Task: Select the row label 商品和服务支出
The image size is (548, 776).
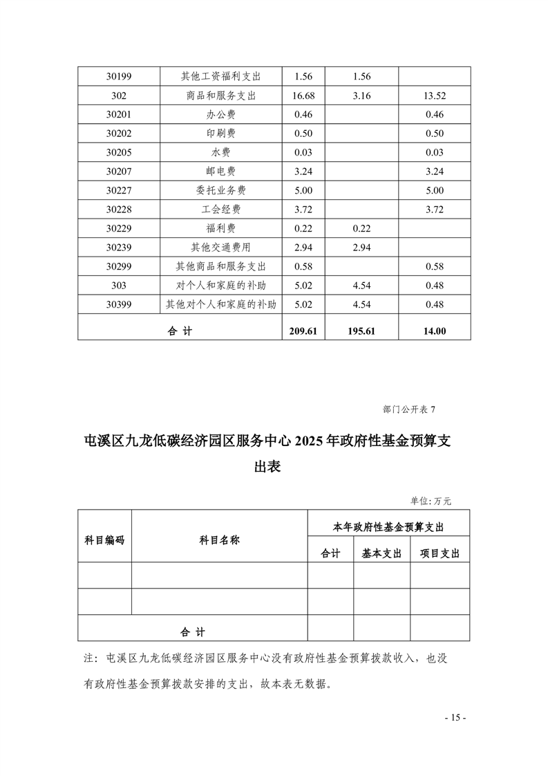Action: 220,95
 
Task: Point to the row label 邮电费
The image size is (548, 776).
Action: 220,171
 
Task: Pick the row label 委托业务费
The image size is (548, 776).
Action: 220,190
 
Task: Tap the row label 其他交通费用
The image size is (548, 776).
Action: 220,247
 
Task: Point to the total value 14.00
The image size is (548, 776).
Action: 435,331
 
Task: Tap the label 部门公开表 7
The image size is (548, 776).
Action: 409,409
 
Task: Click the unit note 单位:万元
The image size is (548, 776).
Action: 431,501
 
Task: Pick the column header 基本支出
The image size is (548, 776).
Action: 381,554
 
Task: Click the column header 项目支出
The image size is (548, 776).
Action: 440,554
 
